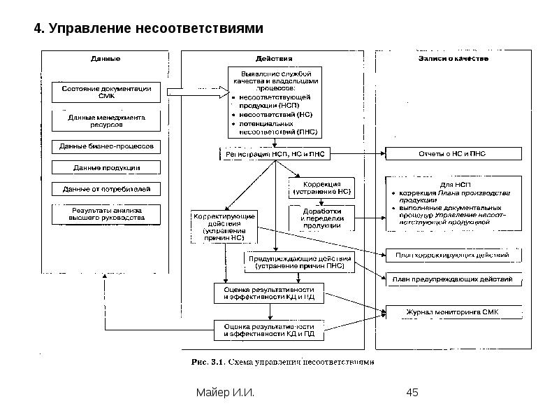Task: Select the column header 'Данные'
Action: click(x=106, y=59)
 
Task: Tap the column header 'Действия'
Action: click(x=274, y=59)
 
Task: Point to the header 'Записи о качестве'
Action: click(x=448, y=59)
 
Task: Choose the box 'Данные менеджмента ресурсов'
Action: click(x=106, y=120)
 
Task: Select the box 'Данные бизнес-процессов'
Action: click(x=106, y=146)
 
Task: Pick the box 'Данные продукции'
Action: click(x=106, y=167)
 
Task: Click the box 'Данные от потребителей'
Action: click(x=106, y=189)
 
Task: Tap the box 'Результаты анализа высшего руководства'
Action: click(x=106, y=214)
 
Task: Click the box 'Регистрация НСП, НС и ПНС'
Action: click(x=274, y=153)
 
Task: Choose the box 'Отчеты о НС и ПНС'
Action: click(x=453, y=153)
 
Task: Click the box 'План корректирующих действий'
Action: click(x=453, y=255)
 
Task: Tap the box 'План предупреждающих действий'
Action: click(x=453, y=279)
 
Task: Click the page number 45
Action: click(x=412, y=393)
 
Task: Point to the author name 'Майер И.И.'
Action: click(x=224, y=393)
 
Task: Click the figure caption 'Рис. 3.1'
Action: click(x=207, y=362)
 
